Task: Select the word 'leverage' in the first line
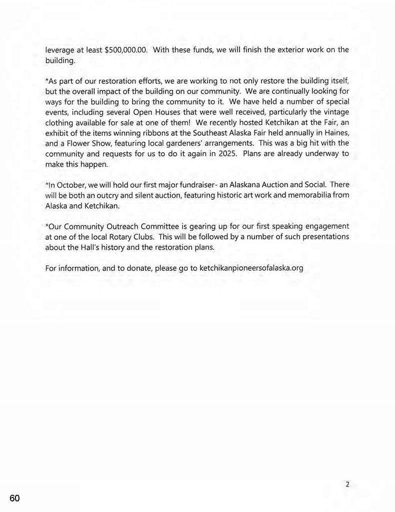pyautogui.click(x=60, y=50)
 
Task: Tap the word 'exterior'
pyautogui.click(x=277, y=50)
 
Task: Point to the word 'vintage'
pyautogui.click(x=335, y=112)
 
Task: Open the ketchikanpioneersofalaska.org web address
pyautogui.click(x=251, y=268)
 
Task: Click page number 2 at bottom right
pyautogui.click(x=347, y=484)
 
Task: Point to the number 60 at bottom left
pyautogui.click(x=14, y=499)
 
